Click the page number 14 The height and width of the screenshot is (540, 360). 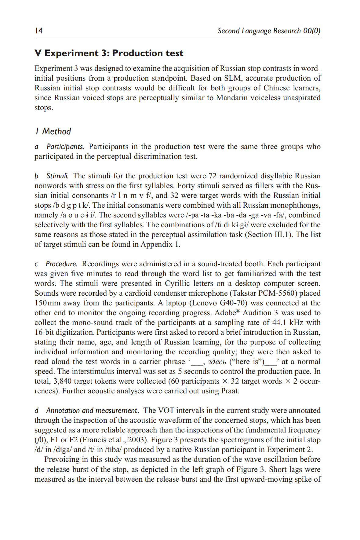click(x=38, y=31)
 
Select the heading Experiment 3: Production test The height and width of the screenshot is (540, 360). click(x=114, y=53)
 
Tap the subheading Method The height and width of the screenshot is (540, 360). click(x=56, y=131)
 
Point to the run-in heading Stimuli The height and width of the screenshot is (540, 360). click(x=57, y=176)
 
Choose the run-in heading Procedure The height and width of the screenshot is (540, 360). click(x=61, y=264)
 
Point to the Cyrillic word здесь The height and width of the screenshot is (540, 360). click(x=216, y=362)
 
